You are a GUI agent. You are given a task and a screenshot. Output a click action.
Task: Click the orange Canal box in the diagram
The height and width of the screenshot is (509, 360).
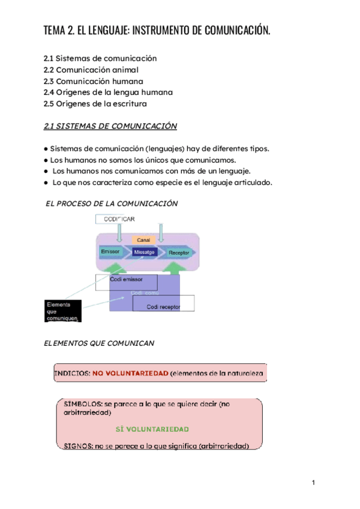click(x=143, y=239)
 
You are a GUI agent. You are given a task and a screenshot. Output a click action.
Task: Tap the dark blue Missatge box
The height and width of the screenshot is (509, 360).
click(x=145, y=252)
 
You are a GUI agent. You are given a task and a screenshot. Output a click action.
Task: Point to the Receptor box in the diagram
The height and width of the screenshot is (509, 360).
click(x=179, y=253)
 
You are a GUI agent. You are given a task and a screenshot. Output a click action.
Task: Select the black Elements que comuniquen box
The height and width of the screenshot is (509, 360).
click(x=62, y=312)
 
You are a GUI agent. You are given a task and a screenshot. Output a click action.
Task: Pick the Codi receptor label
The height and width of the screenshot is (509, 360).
click(x=163, y=307)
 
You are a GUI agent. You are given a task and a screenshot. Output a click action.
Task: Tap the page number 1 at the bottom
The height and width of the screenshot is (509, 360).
click(x=313, y=483)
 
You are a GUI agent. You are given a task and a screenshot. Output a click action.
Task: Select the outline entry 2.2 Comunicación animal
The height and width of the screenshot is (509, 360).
click(x=93, y=70)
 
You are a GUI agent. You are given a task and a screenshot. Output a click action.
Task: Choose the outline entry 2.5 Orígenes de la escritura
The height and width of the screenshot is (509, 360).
click(x=95, y=104)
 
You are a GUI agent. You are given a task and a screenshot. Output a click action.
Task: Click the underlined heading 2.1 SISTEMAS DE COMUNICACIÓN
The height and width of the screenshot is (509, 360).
click(x=110, y=126)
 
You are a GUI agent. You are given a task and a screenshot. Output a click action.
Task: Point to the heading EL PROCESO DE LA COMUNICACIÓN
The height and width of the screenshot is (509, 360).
click(x=112, y=203)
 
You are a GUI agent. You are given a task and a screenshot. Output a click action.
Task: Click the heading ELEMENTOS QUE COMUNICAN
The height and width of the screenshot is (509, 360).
click(x=100, y=343)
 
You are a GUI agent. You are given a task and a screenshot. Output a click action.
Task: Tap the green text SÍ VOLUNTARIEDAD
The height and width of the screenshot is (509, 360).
click(x=152, y=429)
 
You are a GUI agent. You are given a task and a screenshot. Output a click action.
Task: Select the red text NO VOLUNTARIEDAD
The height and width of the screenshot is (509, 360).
click(x=130, y=373)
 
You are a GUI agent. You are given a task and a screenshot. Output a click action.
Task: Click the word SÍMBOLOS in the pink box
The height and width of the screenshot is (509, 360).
click(x=82, y=404)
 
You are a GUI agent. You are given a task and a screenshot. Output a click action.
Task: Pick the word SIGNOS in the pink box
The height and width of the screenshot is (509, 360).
click(x=77, y=445)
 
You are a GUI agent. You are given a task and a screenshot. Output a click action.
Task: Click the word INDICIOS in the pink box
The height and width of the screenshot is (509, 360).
click(x=72, y=373)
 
